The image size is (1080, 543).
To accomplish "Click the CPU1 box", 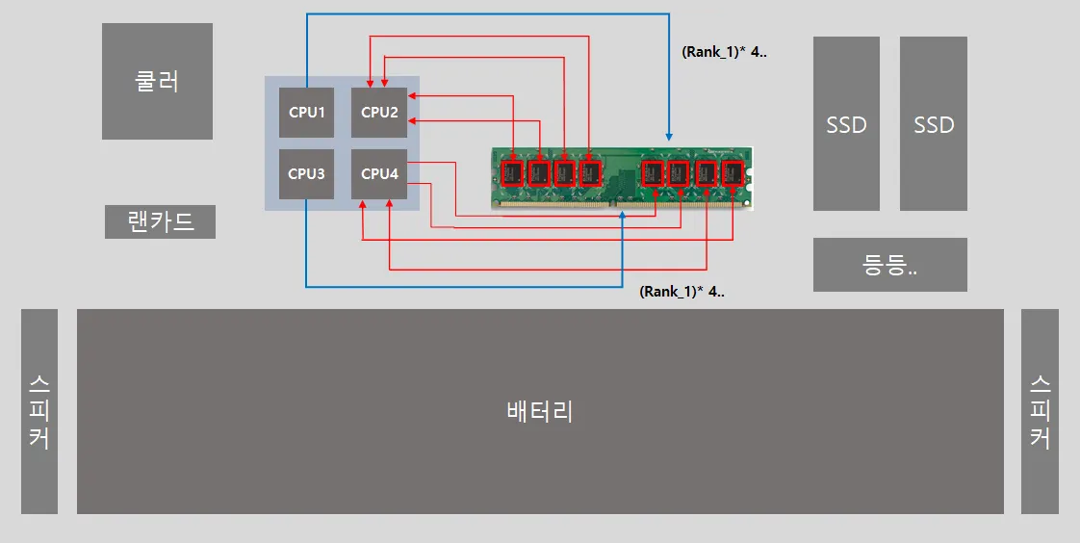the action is point(306,113).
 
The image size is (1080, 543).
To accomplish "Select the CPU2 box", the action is point(379,113).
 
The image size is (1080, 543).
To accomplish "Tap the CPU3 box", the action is point(306,174).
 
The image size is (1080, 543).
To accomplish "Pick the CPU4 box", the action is point(379,174).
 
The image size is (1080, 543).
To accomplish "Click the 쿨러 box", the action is point(157,81).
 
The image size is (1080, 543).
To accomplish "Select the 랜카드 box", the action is point(160,221).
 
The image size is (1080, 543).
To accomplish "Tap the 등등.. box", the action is point(890,265).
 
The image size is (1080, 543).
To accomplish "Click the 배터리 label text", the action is point(540,411).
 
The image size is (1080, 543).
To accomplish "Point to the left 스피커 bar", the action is point(39,411).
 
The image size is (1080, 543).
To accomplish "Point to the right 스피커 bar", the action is point(1040,411).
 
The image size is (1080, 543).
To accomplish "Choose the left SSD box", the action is point(846,124).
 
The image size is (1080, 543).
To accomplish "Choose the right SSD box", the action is point(934,124).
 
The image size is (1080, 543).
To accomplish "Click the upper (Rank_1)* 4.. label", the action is point(724,52).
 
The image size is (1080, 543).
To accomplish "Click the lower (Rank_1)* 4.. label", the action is point(681,291).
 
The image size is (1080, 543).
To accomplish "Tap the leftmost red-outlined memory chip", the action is point(513,173).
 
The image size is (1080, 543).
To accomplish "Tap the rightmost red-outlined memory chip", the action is point(733,173).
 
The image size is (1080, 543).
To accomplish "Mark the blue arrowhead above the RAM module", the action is point(669,136).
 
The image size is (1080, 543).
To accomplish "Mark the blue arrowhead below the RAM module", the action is point(622,216).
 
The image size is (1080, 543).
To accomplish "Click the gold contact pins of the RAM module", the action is point(622,203).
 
